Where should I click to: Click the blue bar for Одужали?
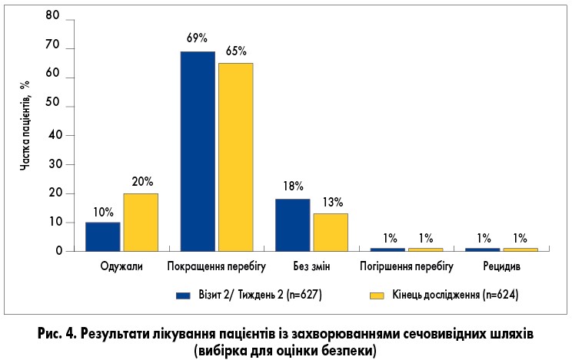(102, 236)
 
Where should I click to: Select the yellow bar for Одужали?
(141, 222)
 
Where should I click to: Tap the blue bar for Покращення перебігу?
(198, 151)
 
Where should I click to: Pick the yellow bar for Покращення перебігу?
(235, 157)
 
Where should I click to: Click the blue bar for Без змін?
(292, 225)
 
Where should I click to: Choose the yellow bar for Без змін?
(331, 232)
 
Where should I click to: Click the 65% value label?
(235, 51)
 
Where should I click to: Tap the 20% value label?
(142, 182)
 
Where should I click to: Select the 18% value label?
(293, 187)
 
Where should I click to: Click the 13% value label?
(332, 202)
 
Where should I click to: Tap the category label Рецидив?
(502, 267)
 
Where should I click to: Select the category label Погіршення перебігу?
(406, 267)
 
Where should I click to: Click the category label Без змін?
(311, 267)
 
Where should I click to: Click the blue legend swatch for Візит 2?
(183, 294)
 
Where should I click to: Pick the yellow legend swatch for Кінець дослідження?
(377, 294)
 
